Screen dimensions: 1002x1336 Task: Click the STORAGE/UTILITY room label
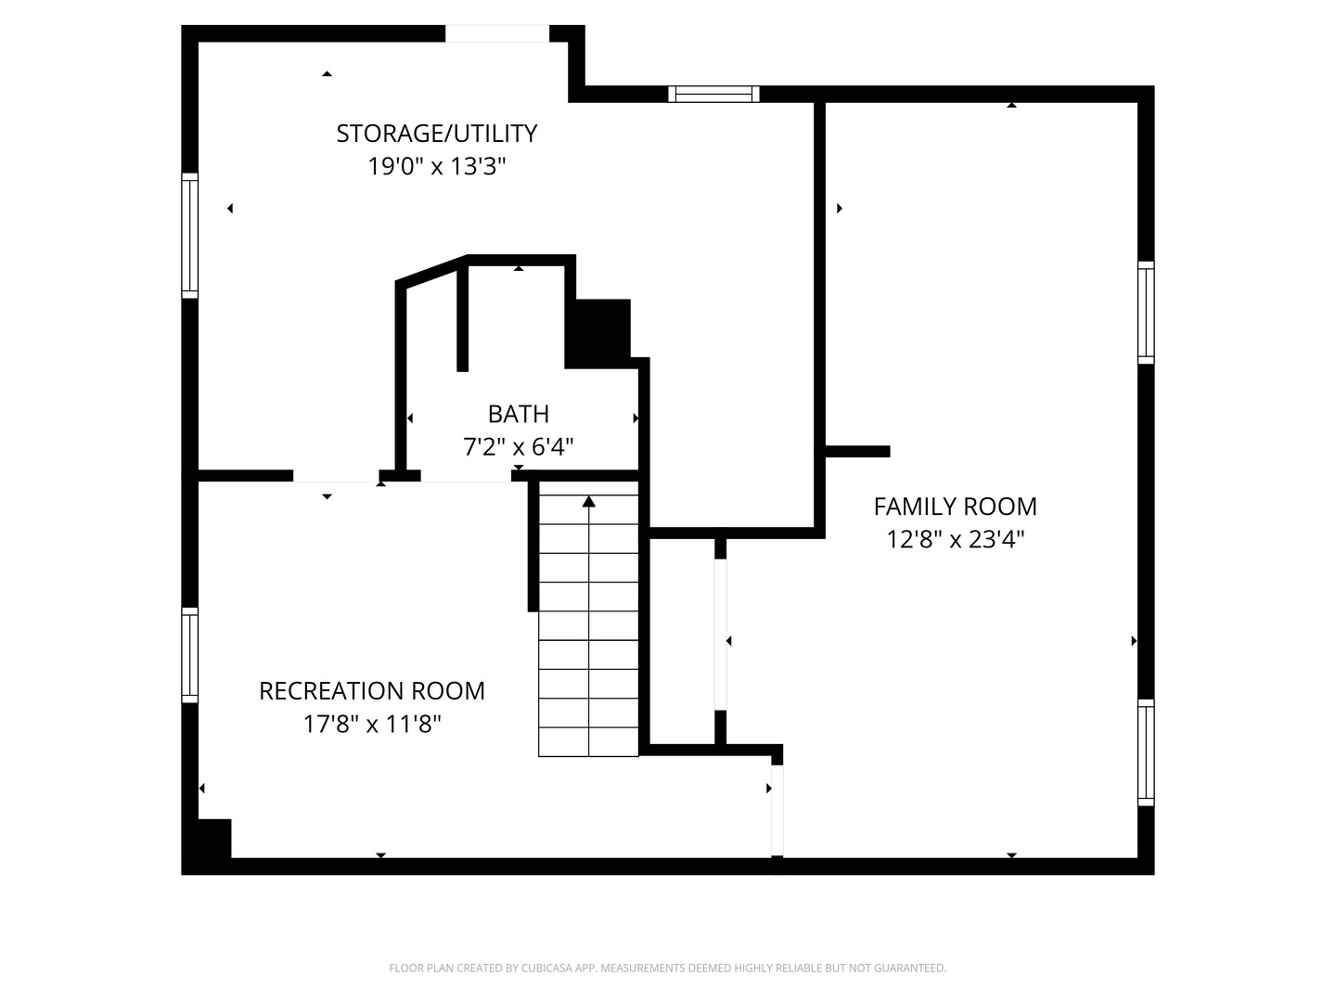coord(436,134)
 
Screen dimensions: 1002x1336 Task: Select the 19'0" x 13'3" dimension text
coord(436,167)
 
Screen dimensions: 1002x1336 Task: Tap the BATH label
coord(519,414)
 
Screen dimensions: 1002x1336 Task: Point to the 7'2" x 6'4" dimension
coord(519,447)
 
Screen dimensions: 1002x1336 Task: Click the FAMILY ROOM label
coord(955,507)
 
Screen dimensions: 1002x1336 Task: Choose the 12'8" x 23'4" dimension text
coord(955,540)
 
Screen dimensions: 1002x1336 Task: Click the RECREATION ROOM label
coord(371,691)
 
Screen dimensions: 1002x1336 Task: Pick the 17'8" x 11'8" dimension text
coord(371,725)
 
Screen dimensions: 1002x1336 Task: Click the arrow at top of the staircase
coord(588,502)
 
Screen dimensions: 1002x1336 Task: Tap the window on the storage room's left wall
coord(189,236)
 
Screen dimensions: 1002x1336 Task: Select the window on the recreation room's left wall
coord(189,655)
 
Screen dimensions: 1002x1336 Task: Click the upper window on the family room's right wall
coord(1146,313)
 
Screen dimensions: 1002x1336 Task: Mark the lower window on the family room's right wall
coord(1146,752)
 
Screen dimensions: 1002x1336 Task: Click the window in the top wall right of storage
coord(713,94)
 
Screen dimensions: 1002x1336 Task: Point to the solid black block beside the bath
coord(599,332)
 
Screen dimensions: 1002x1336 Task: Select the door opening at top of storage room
coord(497,33)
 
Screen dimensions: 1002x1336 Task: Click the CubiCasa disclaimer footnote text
coord(667,969)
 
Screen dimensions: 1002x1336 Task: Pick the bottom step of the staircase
coord(588,742)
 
